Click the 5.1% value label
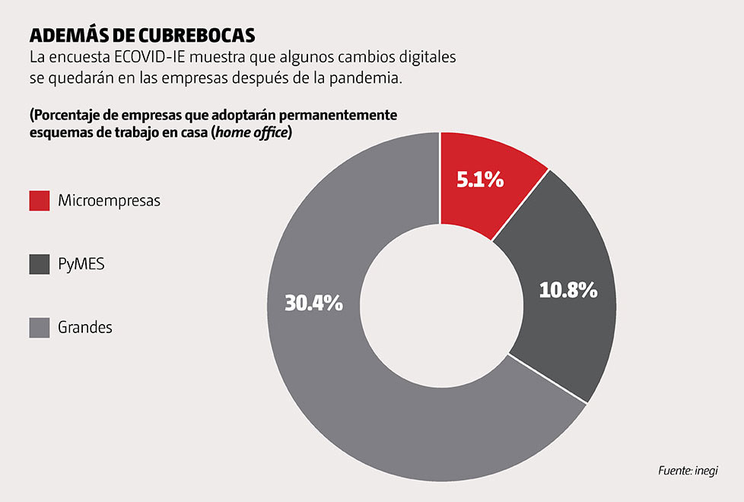coord(479,180)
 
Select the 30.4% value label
coord(313,303)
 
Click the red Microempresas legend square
coord(40,201)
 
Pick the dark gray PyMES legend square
coord(40,264)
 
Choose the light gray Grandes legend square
coord(40,327)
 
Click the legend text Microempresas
coord(109,201)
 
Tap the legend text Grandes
coord(85,328)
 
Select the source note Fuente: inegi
coord(688,471)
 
